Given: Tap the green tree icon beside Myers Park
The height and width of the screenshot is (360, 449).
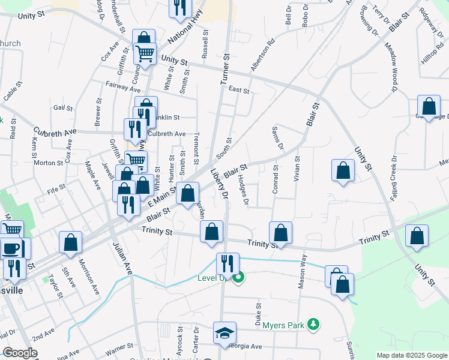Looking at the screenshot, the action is point(312,325).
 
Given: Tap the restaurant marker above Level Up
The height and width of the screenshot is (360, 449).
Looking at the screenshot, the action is point(228,263).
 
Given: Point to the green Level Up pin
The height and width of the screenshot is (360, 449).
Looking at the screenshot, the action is point(239,278).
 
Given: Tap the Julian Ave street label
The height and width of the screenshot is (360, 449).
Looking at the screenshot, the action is point(122,259).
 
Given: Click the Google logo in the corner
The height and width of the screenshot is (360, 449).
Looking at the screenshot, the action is point(20,352).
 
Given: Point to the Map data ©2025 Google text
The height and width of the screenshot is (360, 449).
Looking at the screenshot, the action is point(412,355).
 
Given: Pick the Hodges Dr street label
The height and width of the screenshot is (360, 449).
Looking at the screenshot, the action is point(243,190).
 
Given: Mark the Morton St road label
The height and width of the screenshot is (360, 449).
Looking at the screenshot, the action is point(48,163).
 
